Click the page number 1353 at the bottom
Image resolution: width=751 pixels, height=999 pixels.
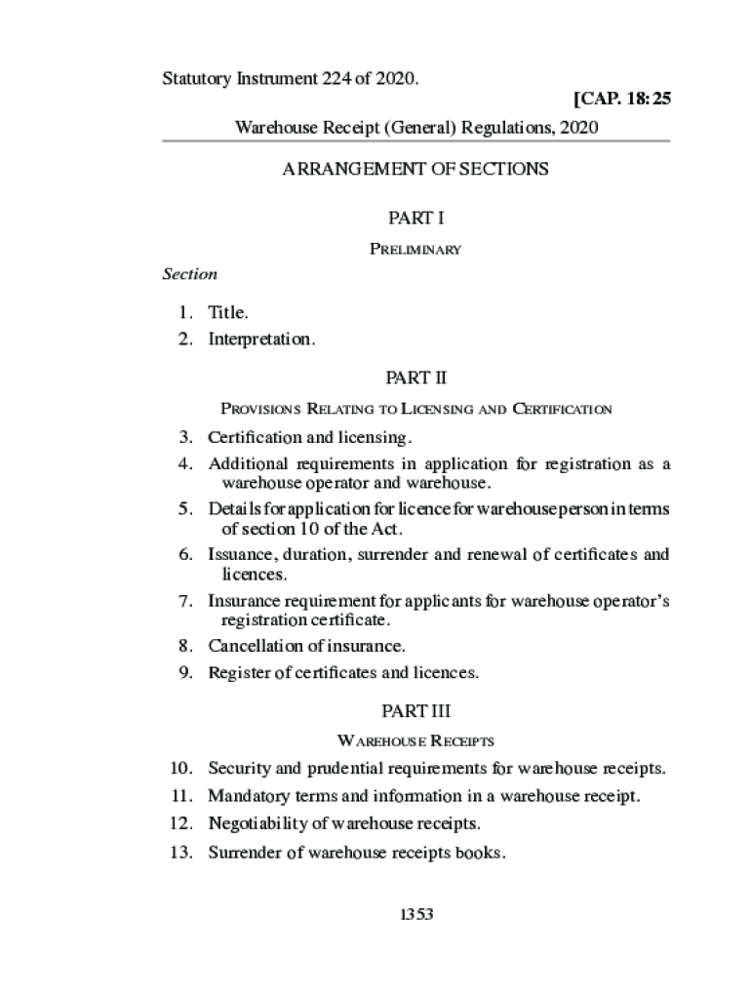(x=415, y=914)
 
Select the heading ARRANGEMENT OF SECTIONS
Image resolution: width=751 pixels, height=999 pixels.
(x=415, y=169)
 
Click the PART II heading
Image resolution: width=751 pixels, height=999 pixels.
(x=415, y=377)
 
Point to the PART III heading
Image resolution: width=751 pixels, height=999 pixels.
(x=415, y=710)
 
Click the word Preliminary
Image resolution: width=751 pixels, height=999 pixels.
(x=415, y=250)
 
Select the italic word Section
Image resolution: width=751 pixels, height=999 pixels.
(x=189, y=274)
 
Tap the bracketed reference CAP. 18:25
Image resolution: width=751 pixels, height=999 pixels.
(x=622, y=100)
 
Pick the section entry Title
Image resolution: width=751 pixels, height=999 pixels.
(x=228, y=313)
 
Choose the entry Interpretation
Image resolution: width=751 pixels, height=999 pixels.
(x=261, y=340)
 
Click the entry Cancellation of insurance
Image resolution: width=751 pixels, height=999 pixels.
(x=306, y=646)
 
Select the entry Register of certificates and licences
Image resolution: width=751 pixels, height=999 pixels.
(x=343, y=673)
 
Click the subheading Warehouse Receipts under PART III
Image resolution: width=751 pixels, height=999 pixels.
(x=415, y=741)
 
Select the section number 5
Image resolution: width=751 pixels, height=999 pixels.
(x=185, y=509)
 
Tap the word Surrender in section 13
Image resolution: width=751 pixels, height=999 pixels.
(x=244, y=853)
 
